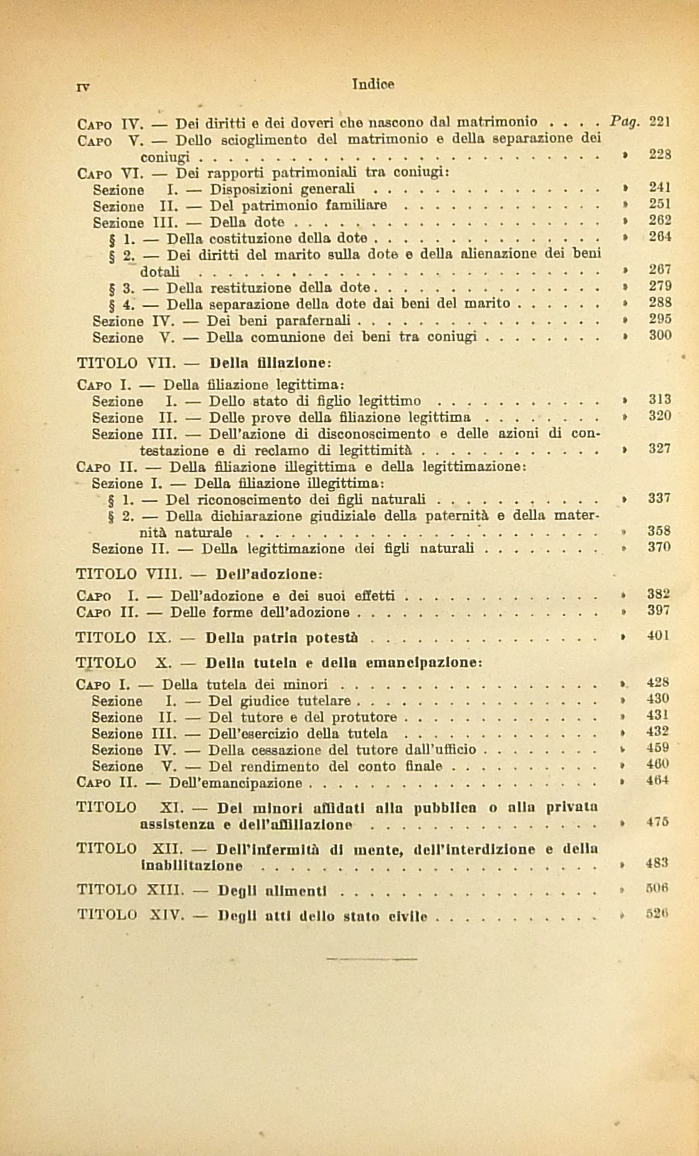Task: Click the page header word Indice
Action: point(373,83)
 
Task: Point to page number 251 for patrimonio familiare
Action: point(659,204)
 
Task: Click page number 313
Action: point(659,400)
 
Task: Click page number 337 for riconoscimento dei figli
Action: point(659,498)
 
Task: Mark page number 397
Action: point(659,611)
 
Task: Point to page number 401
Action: point(659,636)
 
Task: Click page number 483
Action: point(657,863)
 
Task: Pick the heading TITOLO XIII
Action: point(128,890)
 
